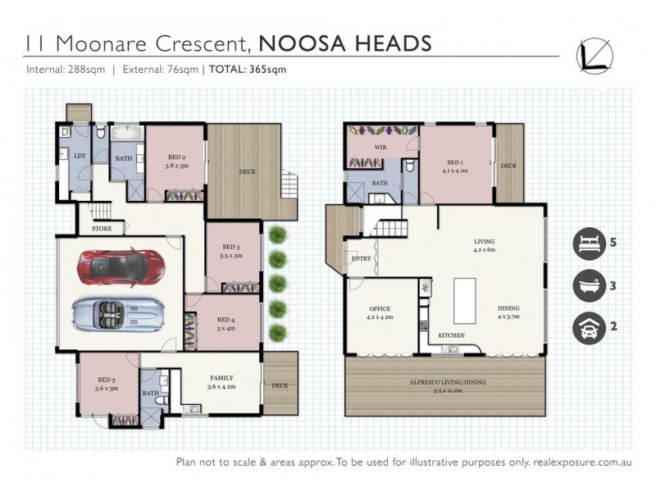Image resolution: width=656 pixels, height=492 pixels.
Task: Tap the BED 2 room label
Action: click(x=177, y=157)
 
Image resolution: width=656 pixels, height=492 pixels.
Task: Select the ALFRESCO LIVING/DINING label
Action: click(x=446, y=383)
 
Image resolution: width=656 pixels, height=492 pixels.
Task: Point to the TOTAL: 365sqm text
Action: click(x=248, y=70)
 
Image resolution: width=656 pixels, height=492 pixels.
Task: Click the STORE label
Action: click(x=102, y=229)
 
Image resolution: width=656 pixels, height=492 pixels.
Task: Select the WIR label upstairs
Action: click(x=380, y=148)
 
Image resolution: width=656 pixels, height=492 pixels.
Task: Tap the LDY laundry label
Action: click(x=80, y=155)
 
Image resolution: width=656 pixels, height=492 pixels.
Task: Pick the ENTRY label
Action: click(x=362, y=259)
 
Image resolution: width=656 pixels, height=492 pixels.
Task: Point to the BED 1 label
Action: click(x=455, y=162)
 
